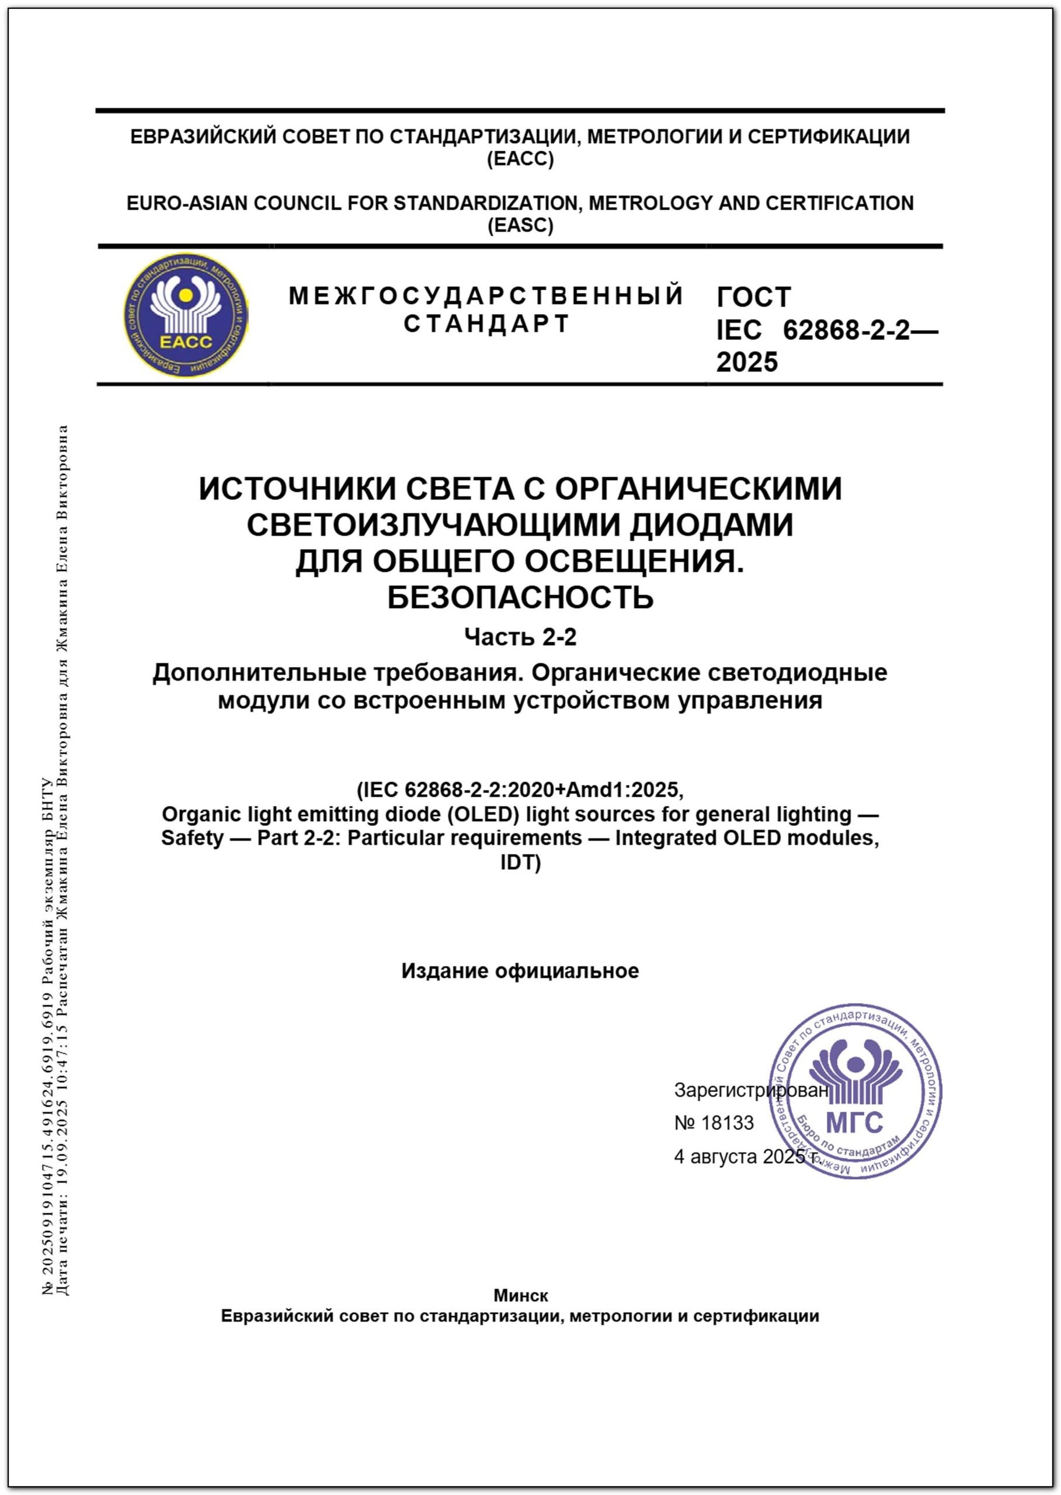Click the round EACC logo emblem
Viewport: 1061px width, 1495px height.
coord(186,315)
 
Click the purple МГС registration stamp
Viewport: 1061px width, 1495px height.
coord(856,1091)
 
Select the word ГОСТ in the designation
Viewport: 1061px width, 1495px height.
coord(753,297)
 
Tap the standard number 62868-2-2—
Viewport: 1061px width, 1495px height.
coord(860,331)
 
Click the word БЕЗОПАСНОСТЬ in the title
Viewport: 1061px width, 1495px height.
coord(520,597)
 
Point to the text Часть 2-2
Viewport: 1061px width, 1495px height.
coord(520,637)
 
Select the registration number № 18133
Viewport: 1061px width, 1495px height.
coord(714,1122)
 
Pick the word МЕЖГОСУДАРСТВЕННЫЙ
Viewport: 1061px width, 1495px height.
coord(486,296)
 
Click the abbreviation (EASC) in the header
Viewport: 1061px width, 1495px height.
coord(520,225)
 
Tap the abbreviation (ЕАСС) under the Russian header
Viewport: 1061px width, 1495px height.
coord(520,159)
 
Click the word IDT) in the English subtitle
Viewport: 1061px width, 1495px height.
coord(520,863)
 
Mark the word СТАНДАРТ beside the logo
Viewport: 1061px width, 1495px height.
coord(487,324)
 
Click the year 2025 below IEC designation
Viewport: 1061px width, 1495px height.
coord(747,362)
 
